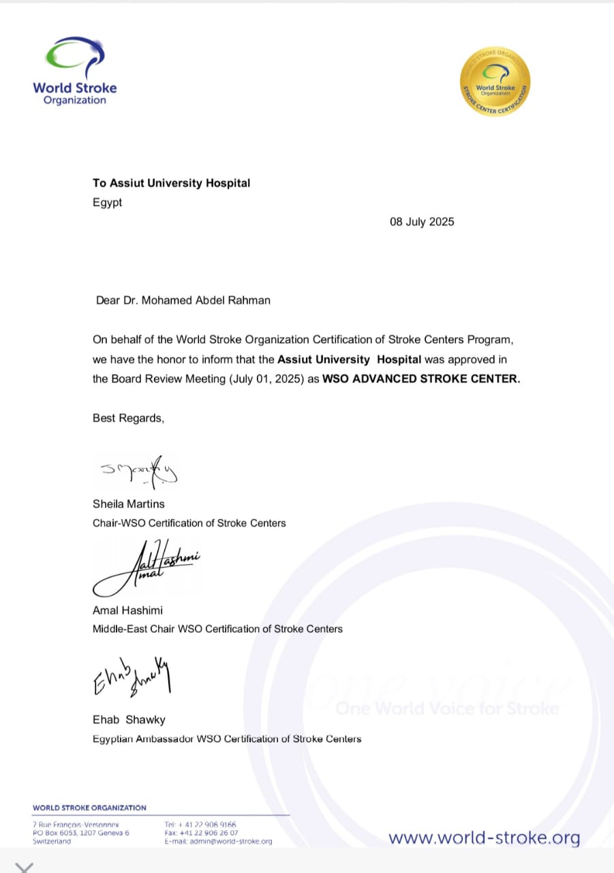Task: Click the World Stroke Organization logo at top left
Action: coord(74,72)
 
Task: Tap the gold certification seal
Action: coord(495,81)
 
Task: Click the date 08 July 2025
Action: coord(422,222)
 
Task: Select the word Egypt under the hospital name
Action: coord(107,203)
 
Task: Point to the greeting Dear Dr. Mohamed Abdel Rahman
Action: coord(183,300)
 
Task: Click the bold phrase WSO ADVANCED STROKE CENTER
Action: coord(420,379)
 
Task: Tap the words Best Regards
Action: coord(128,418)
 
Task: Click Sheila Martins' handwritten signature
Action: coord(139,470)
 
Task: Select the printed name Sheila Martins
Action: coord(128,504)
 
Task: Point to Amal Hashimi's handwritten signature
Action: coord(147,565)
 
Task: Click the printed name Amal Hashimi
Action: coord(127,610)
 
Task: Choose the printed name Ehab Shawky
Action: coord(129,720)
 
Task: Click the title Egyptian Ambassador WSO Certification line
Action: coord(227,739)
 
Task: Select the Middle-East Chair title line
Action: coord(217,629)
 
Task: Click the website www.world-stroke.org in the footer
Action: coord(485,837)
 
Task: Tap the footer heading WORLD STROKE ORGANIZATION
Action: coord(89,808)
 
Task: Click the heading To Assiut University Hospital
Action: coord(171,183)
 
